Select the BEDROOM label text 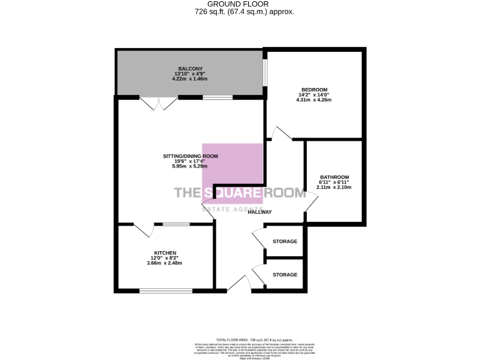315,90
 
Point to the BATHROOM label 334,177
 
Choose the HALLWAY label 260,212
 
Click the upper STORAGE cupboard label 285,242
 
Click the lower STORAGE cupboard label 285,275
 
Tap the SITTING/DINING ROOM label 190,156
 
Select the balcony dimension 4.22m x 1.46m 191,79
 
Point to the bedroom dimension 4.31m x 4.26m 315,100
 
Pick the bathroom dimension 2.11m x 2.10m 334,187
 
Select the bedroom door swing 279,133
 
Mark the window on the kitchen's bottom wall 166,290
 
